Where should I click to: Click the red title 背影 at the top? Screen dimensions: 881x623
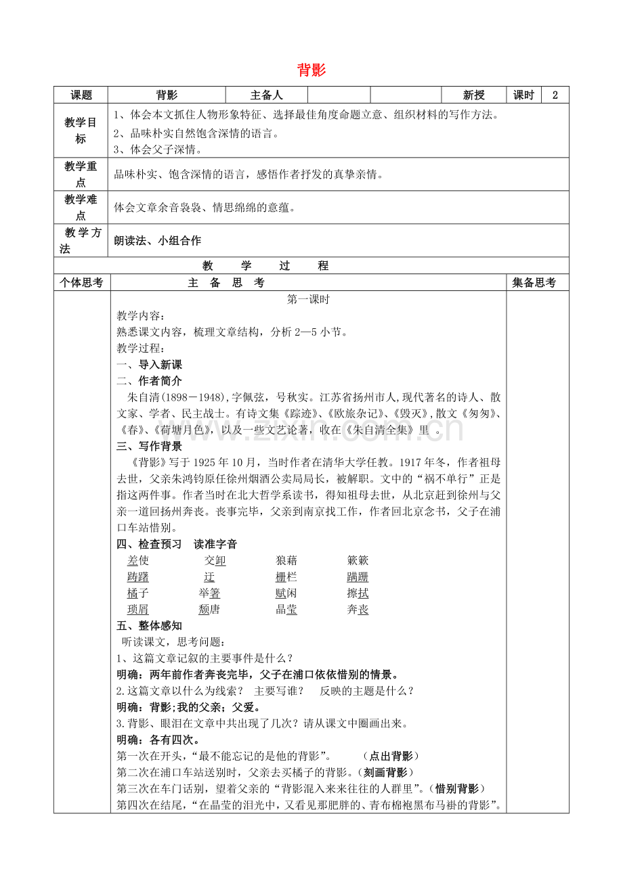pyautogui.click(x=311, y=70)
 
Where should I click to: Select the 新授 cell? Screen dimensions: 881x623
pyautogui.click(x=473, y=95)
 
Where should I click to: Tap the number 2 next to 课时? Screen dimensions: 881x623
pyautogui.click(x=555, y=95)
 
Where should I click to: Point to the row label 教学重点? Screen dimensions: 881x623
pyautogui.click(x=81, y=174)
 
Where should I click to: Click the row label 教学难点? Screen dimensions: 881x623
pyautogui.click(x=81, y=207)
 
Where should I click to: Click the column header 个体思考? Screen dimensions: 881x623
pyautogui.click(x=81, y=283)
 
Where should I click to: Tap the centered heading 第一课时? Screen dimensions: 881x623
pyautogui.click(x=308, y=299)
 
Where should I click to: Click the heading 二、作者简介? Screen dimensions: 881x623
pyautogui.click(x=150, y=381)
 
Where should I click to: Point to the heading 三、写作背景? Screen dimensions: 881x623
pyautogui.click(x=150, y=447)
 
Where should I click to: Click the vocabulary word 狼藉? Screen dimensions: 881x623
pyautogui.click(x=286, y=560)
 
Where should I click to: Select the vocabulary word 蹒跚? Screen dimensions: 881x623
pyautogui.click(x=358, y=577)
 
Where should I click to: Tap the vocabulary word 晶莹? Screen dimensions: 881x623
pyautogui.click(x=286, y=610)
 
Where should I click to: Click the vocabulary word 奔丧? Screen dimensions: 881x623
pyautogui.click(x=358, y=610)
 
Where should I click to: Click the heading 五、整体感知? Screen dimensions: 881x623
pyautogui.click(x=150, y=626)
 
